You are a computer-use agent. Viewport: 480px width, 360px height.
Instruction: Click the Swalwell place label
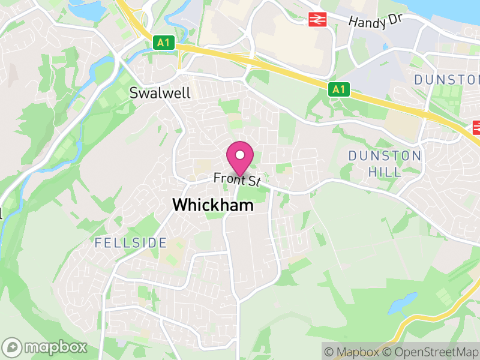click(x=160, y=93)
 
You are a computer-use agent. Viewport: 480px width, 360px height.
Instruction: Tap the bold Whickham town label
click(x=212, y=205)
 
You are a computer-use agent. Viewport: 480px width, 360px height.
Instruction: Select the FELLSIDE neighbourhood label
click(x=130, y=243)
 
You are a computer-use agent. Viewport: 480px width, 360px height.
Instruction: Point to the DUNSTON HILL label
click(x=385, y=163)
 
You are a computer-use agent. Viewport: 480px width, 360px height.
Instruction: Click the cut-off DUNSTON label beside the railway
click(x=448, y=79)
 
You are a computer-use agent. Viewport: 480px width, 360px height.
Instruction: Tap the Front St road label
click(x=239, y=179)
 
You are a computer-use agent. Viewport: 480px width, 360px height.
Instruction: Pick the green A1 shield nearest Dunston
click(x=339, y=89)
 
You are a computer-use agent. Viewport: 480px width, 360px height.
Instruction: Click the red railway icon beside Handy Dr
click(x=317, y=20)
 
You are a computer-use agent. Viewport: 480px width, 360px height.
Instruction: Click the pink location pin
click(x=240, y=158)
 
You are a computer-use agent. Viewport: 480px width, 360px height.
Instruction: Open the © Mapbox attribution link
click(x=353, y=352)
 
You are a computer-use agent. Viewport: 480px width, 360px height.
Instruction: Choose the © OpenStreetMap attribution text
click(x=431, y=352)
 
